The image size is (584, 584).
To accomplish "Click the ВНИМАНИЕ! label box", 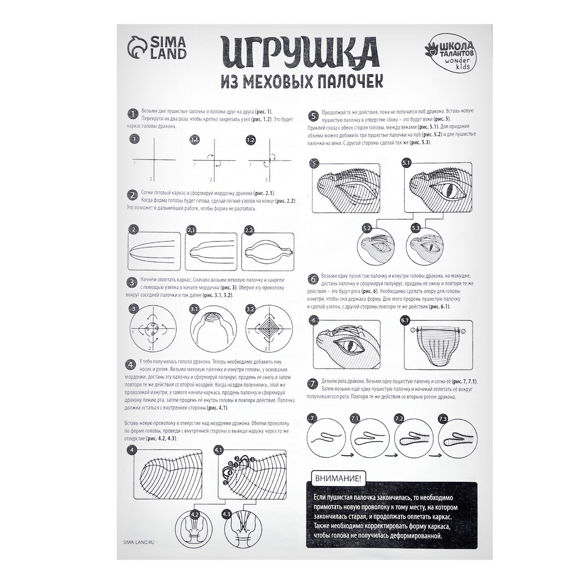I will [335, 479].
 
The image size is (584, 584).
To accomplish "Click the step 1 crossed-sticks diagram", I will [153, 159].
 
